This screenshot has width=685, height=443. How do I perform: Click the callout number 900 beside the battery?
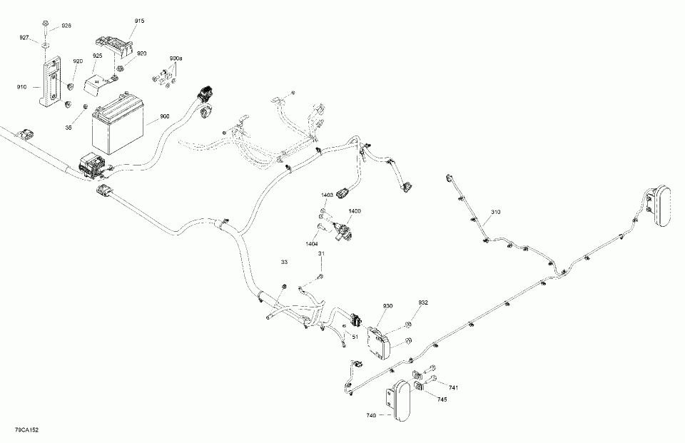(x=165, y=116)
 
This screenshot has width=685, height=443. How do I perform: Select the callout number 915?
(x=139, y=21)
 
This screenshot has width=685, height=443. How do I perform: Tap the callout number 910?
(x=21, y=87)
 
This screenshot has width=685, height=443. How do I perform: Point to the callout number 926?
(x=66, y=26)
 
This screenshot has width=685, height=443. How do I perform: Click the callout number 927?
(x=24, y=38)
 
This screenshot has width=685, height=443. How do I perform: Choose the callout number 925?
(x=97, y=56)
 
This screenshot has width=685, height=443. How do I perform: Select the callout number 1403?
(x=328, y=195)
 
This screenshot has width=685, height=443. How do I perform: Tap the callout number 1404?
(x=312, y=244)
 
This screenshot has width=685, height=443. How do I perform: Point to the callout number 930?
(x=387, y=306)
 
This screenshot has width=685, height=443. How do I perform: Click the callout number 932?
(x=423, y=302)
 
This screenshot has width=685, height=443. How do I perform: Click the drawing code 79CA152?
(x=26, y=432)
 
